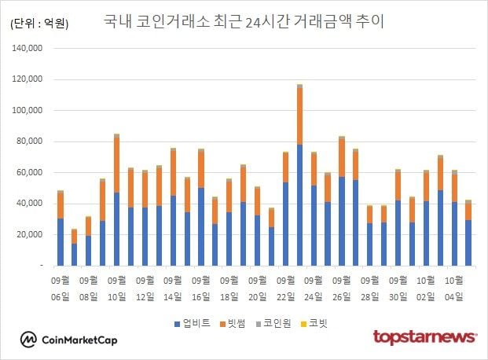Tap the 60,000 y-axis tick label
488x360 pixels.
coord(28,141)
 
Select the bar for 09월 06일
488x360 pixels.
coord(61,228)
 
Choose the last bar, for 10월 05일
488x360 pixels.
coord(468,233)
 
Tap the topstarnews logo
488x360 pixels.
coord(424,337)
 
